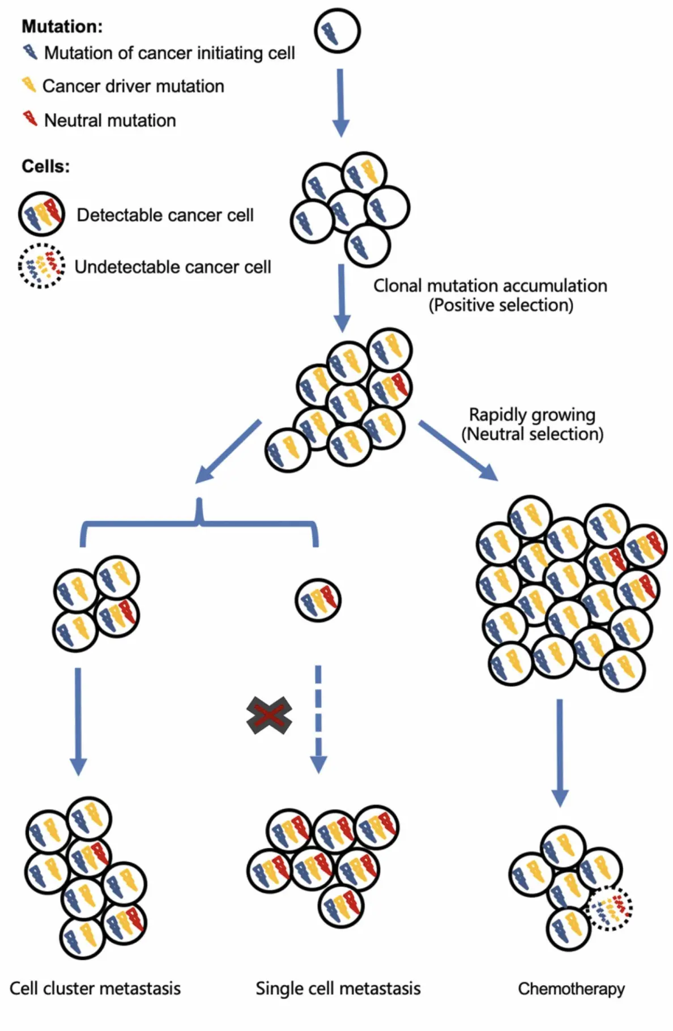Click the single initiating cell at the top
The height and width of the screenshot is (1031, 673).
pos(337,31)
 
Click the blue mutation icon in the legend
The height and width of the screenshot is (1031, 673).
pos(30,52)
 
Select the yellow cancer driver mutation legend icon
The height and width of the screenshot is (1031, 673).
pos(28,85)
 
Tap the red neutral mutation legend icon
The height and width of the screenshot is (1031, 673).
pos(29,119)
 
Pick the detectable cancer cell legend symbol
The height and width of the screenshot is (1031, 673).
pos(41,214)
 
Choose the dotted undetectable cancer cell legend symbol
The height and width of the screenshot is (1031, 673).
pos(41,266)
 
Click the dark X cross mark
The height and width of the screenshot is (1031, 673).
pos(270,715)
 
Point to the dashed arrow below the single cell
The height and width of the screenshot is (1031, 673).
pos(318,718)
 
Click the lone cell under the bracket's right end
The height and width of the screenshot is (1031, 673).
pos(318,600)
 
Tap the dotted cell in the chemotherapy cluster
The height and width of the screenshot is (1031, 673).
pos(611,909)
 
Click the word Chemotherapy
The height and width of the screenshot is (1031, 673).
pos(571,989)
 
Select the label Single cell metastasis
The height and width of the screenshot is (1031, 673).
pos(338,989)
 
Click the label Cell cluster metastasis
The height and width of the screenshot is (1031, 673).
pos(95,989)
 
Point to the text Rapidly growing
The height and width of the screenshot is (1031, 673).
pos(532,415)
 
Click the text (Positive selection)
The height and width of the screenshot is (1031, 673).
pos(501,305)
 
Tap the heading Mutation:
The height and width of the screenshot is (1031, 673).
pos(62,26)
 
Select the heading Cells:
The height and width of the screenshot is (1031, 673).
pos(46,167)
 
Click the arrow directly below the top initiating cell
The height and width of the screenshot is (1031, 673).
pos(340,102)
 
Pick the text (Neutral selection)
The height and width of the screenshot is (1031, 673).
pos(532,434)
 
